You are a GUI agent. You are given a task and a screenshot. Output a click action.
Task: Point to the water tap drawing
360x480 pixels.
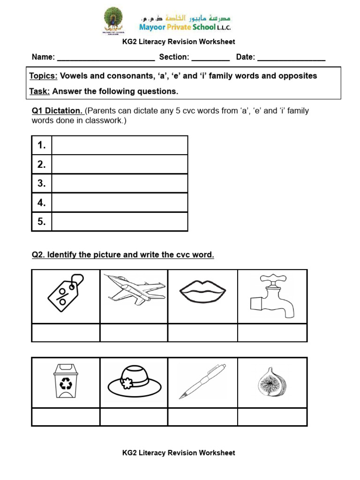(272, 296)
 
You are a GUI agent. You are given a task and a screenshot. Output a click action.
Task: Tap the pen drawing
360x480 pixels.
(202, 382)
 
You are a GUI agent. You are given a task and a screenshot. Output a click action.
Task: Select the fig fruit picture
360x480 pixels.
(272, 382)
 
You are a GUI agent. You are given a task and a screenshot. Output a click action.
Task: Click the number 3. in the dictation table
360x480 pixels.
(42, 183)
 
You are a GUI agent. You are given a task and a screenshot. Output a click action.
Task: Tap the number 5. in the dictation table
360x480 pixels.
(42, 222)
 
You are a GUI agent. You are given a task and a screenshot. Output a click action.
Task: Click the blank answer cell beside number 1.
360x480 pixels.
(120, 145)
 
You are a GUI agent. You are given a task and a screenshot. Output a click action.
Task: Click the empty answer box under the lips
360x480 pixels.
(202, 333)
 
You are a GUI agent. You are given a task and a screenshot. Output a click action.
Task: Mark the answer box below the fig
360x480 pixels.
(272, 417)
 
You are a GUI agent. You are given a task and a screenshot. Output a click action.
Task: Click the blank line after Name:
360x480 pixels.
(105, 58)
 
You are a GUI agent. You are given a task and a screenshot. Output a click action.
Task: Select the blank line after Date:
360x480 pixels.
(291, 58)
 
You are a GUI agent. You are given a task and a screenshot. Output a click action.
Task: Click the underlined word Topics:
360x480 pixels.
(44, 76)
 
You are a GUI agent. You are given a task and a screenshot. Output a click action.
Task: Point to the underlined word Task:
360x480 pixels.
(39, 91)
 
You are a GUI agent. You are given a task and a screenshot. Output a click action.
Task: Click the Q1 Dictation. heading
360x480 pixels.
(57, 111)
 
